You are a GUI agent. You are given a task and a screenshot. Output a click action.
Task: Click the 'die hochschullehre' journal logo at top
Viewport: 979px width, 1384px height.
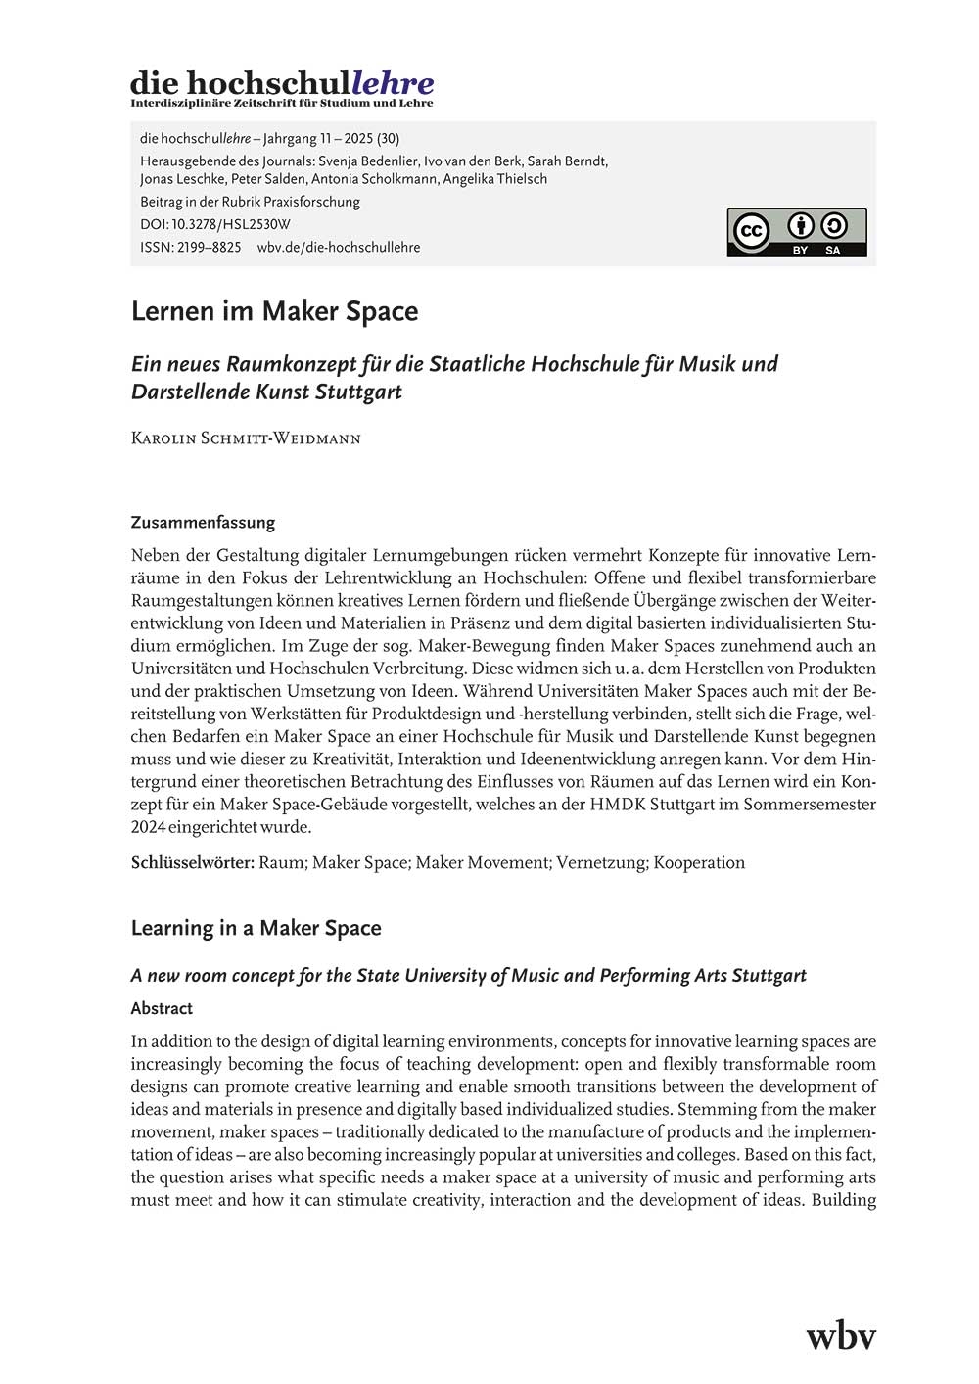[x=282, y=87]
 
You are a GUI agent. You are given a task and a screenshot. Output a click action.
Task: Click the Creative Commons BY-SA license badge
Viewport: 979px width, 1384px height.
[x=796, y=233]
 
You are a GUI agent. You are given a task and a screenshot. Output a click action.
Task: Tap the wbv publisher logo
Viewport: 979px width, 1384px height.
[x=840, y=1335]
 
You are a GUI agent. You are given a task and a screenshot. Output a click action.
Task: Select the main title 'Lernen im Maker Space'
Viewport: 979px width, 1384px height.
[x=275, y=311]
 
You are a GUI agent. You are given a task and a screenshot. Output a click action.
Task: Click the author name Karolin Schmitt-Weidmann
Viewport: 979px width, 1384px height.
[x=246, y=438]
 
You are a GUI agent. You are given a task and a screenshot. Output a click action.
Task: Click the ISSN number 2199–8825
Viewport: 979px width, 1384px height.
[x=209, y=248]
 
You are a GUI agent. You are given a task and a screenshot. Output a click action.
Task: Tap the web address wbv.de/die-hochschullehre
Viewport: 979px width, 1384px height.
[x=339, y=248]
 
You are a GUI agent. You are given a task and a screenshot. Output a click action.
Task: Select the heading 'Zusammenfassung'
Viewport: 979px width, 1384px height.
[x=203, y=522]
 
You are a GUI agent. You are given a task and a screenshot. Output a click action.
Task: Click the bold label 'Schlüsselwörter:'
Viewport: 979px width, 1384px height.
[x=193, y=862]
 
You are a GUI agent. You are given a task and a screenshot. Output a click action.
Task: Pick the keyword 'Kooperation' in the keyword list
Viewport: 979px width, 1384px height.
[x=699, y=862]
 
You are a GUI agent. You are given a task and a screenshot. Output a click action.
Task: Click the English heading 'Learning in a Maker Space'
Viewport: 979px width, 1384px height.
[x=256, y=928]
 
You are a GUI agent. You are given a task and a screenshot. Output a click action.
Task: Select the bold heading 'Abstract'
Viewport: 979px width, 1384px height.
[x=162, y=1008]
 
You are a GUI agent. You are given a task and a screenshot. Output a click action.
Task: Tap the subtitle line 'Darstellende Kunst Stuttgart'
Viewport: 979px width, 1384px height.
[x=266, y=392]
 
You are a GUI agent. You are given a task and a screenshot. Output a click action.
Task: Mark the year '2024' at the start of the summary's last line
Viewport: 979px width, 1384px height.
[x=149, y=827]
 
